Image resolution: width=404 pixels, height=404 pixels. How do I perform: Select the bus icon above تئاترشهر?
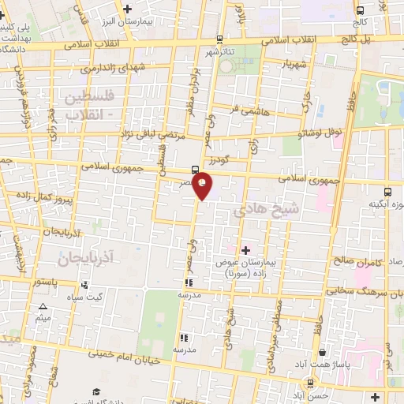(x=219, y=40)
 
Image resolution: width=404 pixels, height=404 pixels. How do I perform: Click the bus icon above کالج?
(x=360, y=11)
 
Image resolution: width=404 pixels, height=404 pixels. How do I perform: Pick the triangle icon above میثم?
(x=43, y=306)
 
